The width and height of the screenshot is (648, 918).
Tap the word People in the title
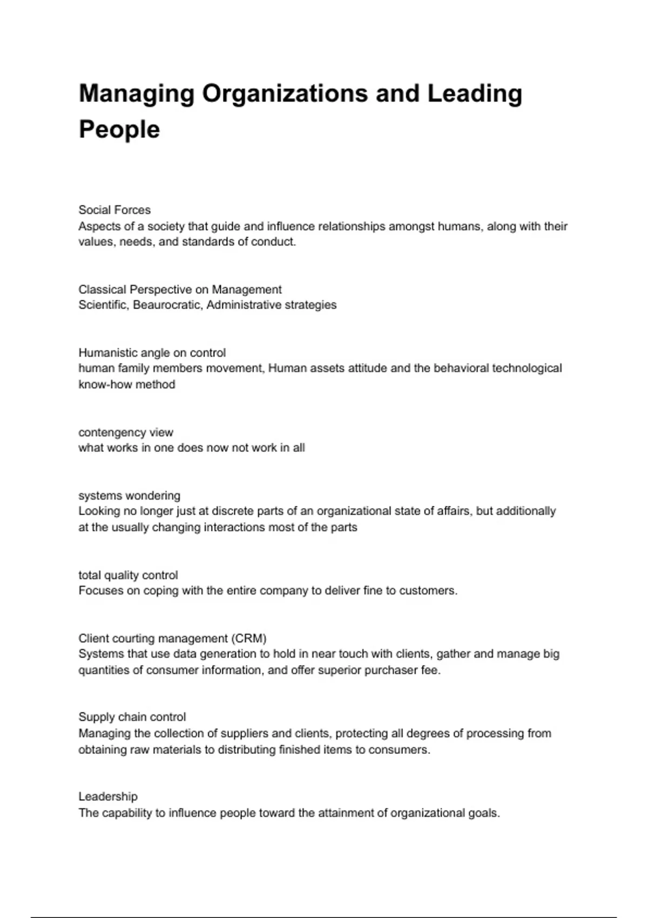point(119,130)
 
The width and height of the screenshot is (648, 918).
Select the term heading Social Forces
point(114,210)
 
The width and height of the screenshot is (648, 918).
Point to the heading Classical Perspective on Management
point(180,289)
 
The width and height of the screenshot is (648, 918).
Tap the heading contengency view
point(126,433)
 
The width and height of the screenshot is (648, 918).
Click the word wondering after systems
point(155,496)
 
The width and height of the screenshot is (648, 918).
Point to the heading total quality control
point(128,575)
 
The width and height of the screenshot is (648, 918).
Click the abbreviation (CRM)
point(249,638)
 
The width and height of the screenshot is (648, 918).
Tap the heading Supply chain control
point(132,717)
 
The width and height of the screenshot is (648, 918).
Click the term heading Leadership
point(108,796)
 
